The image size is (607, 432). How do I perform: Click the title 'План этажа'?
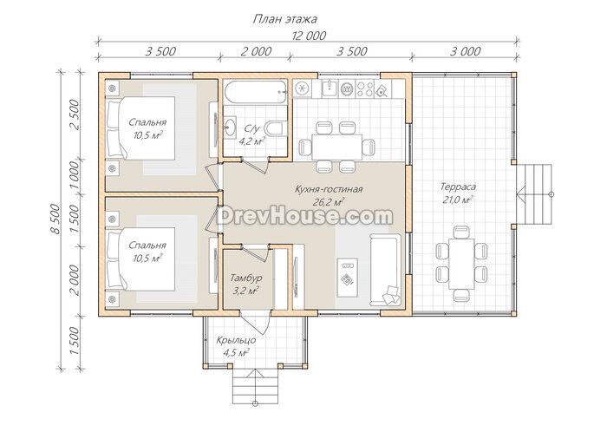point(285,19)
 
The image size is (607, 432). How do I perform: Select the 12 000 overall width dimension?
point(309,36)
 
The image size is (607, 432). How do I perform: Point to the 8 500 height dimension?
point(55,219)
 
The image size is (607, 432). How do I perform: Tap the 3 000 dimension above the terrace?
point(466,51)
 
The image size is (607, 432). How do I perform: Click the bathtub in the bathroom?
point(256,92)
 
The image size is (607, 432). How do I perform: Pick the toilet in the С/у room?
point(277,129)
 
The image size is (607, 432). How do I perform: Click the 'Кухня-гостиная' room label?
point(329,189)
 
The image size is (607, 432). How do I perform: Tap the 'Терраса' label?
point(458,187)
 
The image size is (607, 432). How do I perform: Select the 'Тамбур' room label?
point(246,278)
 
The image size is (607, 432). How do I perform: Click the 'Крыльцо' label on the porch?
point(236,340)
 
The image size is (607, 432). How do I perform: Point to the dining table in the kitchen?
point(336,147)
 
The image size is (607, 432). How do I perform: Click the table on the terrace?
point(461,264)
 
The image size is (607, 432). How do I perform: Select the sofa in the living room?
point(384,269)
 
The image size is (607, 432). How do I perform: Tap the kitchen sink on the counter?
point(330,88)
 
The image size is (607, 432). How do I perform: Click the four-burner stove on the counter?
point(365,88)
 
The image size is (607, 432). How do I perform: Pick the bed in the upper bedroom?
point(140,128)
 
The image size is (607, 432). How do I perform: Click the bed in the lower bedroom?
point(140,259)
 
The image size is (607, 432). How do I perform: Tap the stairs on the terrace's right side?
point(534,194)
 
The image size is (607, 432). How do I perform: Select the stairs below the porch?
point(255,386)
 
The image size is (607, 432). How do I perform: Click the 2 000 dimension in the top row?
point(256,51)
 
